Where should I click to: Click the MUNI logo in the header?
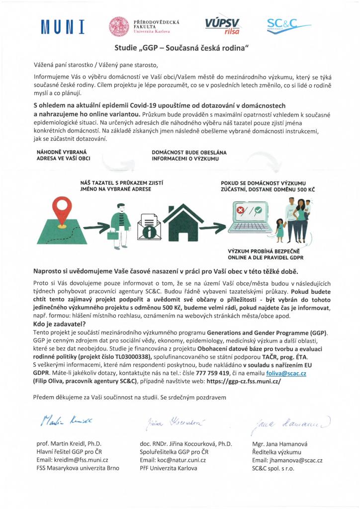pos(63,26)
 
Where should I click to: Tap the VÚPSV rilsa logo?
pos(222,25)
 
